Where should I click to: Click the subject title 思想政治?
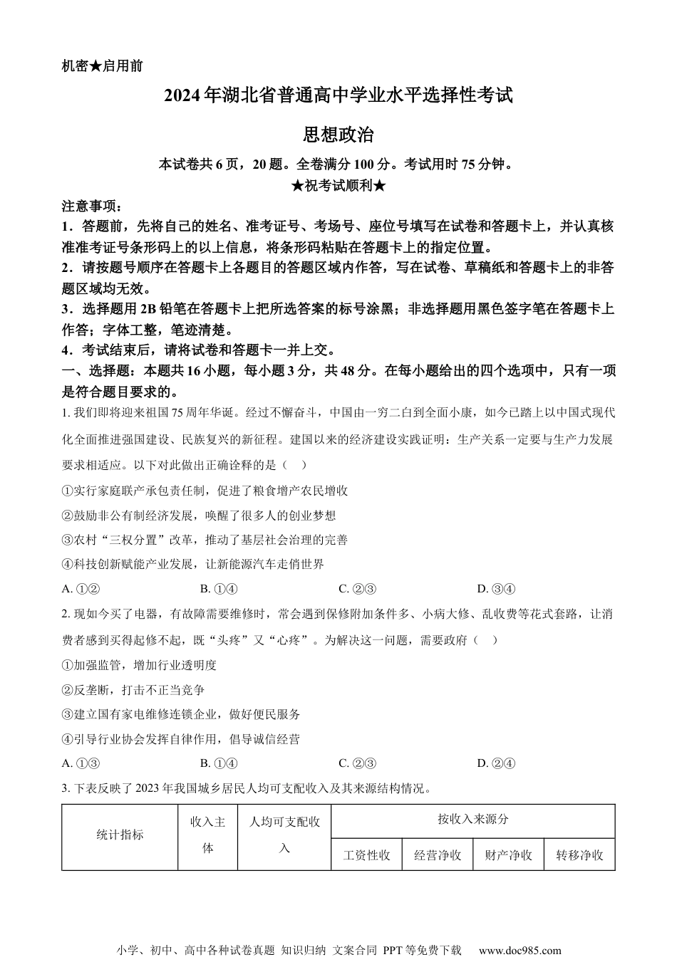pyautogui.click(x=338, y=135)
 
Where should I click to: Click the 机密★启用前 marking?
pyautogui.click(x=102, y=66)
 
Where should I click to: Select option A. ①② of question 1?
pyautogui.click(x=81, y=588)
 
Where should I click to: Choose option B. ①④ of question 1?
pyautogui.click(x=219, y=588)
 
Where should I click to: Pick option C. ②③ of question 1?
pyautogui.click(x=357, y=588)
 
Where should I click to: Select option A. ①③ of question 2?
pyautogui.click(x=81, y=763)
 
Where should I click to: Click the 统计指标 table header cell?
pyautogui.click(x=120, y=835)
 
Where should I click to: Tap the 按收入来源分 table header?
pyautogui.click(x=473, y=820)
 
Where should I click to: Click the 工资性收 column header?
pyautogui.click(x=367, y=854)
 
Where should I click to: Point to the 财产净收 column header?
pyautogui.click(x=509, y=854)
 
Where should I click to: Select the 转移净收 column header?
pyautogui.click(x=579, y=854)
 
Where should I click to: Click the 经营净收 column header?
pyautogui.click(x=438, y=854)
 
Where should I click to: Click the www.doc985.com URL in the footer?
pyautogui.click(x=520, y=950)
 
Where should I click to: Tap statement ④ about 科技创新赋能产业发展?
pyautogui.click(x=193, y=564)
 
